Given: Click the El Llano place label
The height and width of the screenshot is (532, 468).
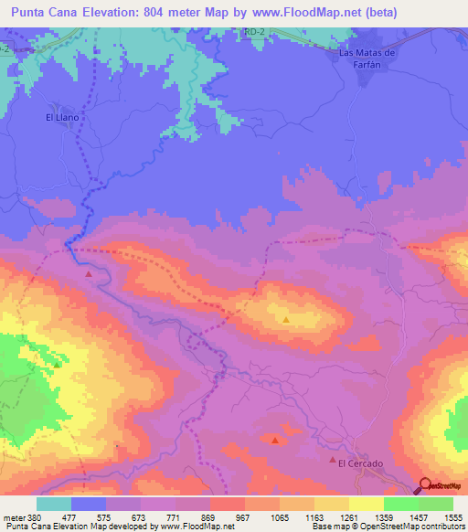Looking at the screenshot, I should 64,118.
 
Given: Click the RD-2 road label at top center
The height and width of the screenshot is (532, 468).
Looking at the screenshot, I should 255,31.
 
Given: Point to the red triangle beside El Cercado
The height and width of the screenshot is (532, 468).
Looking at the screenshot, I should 333,461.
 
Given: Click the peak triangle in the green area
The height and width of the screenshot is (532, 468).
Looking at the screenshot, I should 57,365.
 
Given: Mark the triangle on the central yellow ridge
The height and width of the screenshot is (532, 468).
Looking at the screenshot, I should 286,320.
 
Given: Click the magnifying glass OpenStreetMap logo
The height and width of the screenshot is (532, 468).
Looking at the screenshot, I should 425,485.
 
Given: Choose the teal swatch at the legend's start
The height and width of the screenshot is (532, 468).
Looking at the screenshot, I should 53,504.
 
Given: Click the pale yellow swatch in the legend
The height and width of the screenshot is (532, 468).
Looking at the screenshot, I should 366,504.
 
